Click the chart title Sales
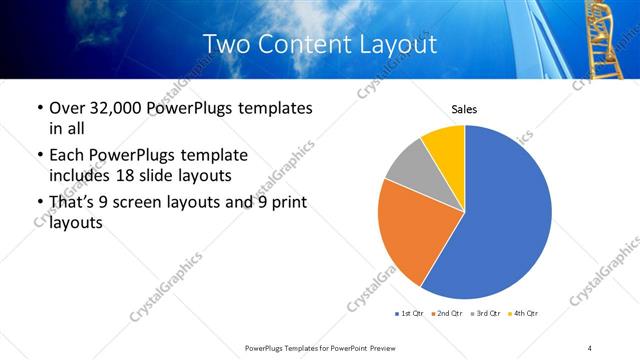464,109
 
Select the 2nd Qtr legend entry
444,314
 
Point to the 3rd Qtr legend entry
485,314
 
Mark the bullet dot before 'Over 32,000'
38,108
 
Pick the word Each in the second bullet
68,155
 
